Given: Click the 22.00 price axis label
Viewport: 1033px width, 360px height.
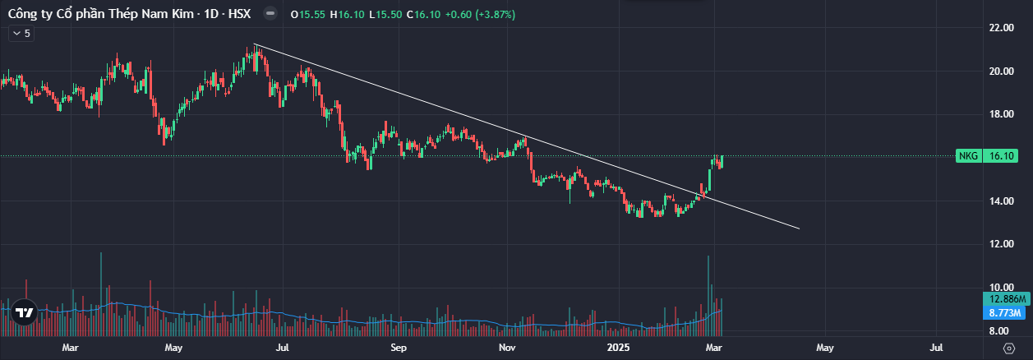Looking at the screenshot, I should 1001,28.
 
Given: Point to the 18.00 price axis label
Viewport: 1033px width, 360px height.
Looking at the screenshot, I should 1001,114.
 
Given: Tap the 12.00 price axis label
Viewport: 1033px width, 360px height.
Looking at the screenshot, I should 1001,244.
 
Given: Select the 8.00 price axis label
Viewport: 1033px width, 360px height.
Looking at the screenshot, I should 1001,330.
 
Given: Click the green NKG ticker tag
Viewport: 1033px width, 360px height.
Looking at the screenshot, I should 966,155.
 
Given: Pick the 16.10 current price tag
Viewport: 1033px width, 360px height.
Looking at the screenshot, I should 1001,155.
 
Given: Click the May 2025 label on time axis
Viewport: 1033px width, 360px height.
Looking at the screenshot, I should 825,348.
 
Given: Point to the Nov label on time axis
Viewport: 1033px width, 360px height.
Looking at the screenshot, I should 506,348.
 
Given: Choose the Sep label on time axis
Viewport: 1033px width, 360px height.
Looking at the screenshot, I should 399,348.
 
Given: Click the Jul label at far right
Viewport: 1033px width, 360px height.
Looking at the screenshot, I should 937,348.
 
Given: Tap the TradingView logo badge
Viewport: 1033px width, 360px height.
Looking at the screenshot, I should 25,312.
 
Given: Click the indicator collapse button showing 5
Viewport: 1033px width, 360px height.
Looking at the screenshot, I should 21,34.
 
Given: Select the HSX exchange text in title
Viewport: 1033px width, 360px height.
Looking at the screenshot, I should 238,14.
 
